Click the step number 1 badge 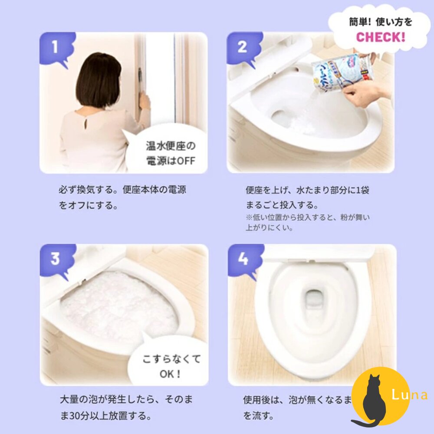tap(55, 47)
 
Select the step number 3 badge tap(55, 259)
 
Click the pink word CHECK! tap(381, 36)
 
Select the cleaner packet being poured tap(343, 72)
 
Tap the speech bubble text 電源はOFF tap(171, 161)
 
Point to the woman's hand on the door tap(144, 102)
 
